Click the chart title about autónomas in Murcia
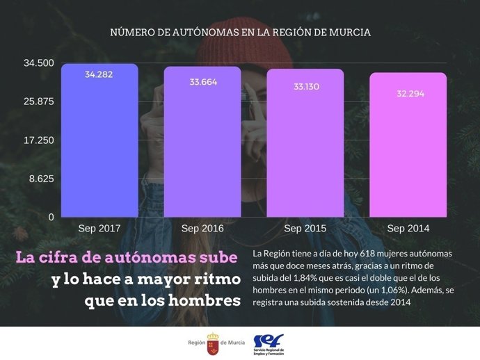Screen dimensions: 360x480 click(240, 32)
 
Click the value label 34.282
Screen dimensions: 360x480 click(99, 74)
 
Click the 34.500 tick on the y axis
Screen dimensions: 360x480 click(39, 63)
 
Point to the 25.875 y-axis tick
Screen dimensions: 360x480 click(39, 101)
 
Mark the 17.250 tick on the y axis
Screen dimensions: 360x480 click(39, 140)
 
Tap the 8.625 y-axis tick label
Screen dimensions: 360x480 click(41, 179)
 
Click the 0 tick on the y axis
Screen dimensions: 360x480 click(51, 218)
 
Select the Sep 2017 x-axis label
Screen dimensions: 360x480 click(99, 229)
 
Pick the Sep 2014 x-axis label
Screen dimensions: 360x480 click(408, 229)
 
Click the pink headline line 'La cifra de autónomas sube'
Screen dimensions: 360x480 click(127, 258)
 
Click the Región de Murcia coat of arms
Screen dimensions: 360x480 click(213, 343)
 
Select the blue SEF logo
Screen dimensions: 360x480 click(268, 341)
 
